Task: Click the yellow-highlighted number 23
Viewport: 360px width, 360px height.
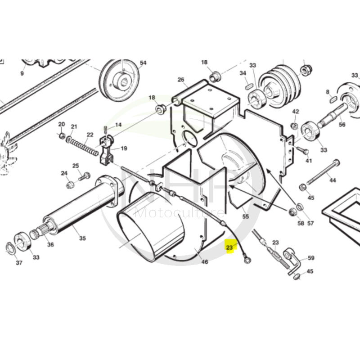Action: (230, 247)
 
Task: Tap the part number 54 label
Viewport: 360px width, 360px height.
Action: (143, 63)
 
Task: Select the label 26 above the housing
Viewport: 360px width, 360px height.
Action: (181, 80)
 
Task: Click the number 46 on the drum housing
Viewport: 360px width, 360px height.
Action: (205, 262)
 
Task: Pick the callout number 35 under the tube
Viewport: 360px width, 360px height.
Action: (81, 238)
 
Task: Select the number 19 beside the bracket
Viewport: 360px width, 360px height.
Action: (124, 148)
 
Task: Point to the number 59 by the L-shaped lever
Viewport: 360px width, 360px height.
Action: (311, 258)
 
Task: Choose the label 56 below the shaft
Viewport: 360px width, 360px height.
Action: (342, 125)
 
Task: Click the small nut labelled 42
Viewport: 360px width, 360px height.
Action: (294, 125)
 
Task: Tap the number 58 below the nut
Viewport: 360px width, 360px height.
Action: (301, 223)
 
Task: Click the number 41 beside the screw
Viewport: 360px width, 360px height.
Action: (309, 161)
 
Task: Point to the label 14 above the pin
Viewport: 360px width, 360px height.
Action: (118, 125)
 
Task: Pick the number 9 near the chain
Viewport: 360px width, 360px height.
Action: (22, 73)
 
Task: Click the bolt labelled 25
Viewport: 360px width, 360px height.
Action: (84, 177)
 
